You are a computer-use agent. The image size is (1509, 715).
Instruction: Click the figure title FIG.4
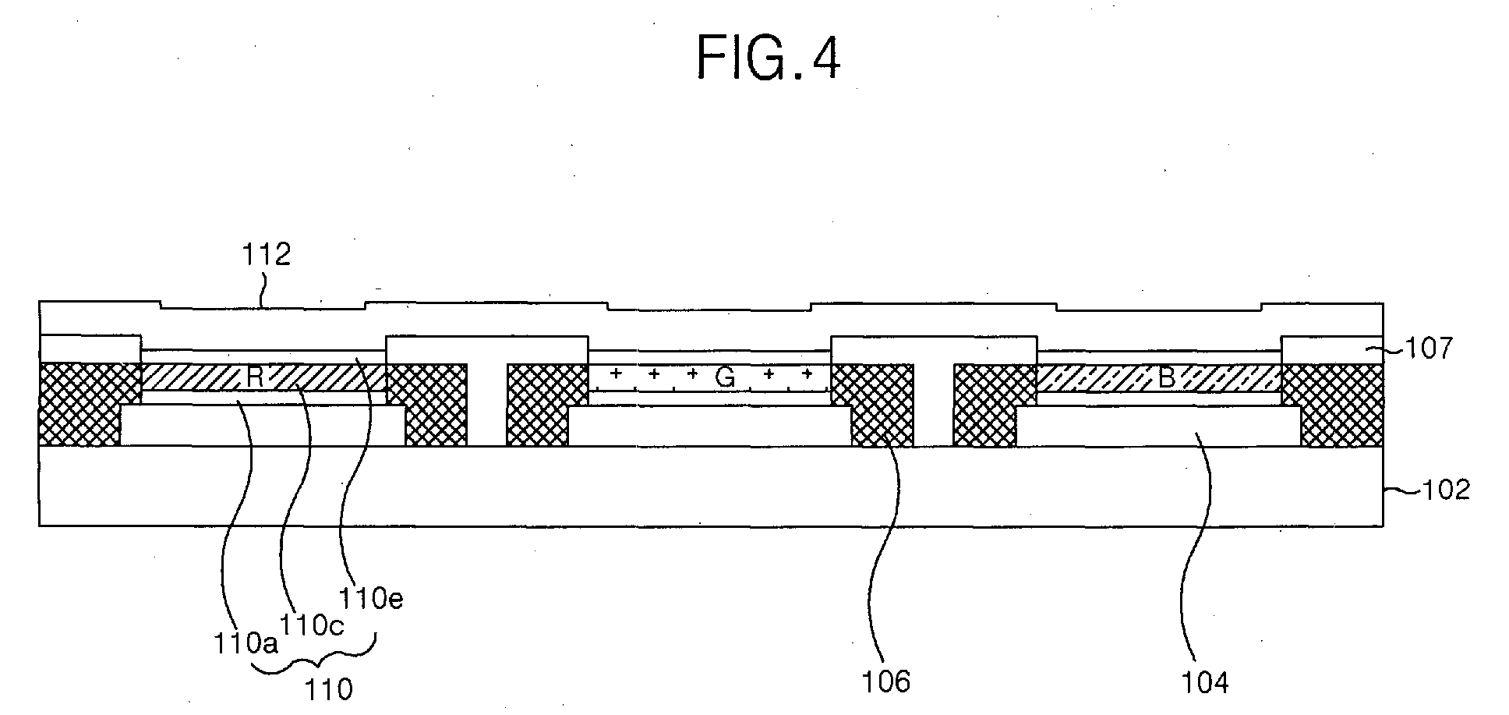tap(769, 58)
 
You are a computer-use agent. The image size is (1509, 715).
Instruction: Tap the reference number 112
tap(267, 254)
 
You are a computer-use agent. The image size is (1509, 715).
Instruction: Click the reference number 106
tap(885, 681)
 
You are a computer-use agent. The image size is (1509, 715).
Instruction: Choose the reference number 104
tap(1204, 682)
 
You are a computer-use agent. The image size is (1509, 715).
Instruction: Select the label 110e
tap(370, 599)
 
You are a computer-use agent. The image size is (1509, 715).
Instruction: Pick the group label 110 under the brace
tap(328, 689)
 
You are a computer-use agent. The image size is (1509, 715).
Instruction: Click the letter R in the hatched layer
tap(255, 377)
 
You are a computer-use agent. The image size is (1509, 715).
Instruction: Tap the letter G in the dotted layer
tap(725, 378)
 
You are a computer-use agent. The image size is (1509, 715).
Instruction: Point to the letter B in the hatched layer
tap(1166, 378)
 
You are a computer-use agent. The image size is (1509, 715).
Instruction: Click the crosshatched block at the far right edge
tap(1333, 404)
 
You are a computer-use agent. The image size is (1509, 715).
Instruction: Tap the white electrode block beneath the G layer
tap(709, 426)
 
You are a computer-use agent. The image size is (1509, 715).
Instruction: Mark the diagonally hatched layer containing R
tap(263, 377)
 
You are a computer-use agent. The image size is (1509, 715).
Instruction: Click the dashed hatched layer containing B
tap(1158, 378)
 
